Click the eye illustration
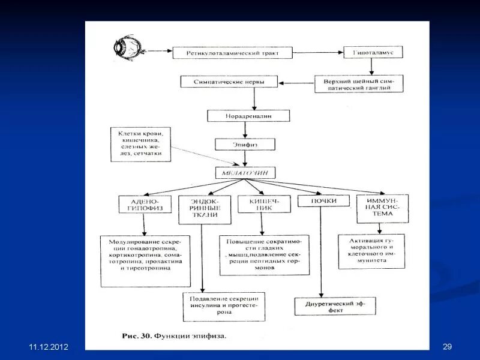pyautogui.click(x=127, y=49)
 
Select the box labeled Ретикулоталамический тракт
pyautogui.click(x=233, y=53)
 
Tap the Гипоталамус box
pyautogui.click(x=373, y=52)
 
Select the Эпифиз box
pyautogui.click(x=245, y=145)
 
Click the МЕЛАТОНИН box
pyautogui.click(x=245, y=173)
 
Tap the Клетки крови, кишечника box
pyautogui.click(x=140, y=145)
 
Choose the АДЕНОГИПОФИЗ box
pyautogui.click(x=144, y=205)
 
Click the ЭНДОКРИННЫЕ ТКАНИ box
pyautogui.click(x=200, y=209)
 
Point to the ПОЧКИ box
pyautogui.click(x=323, y=201)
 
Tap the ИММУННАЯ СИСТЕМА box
pyautogui.click(x=382, y=208)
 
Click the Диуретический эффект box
pyautogui.click(x=335, y=306)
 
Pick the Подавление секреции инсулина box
pyautogui.click(x=224, y=306)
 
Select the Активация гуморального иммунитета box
pyautogui.click(x=373, y=251)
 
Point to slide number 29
pyautogui.click(x=446, y=347)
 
